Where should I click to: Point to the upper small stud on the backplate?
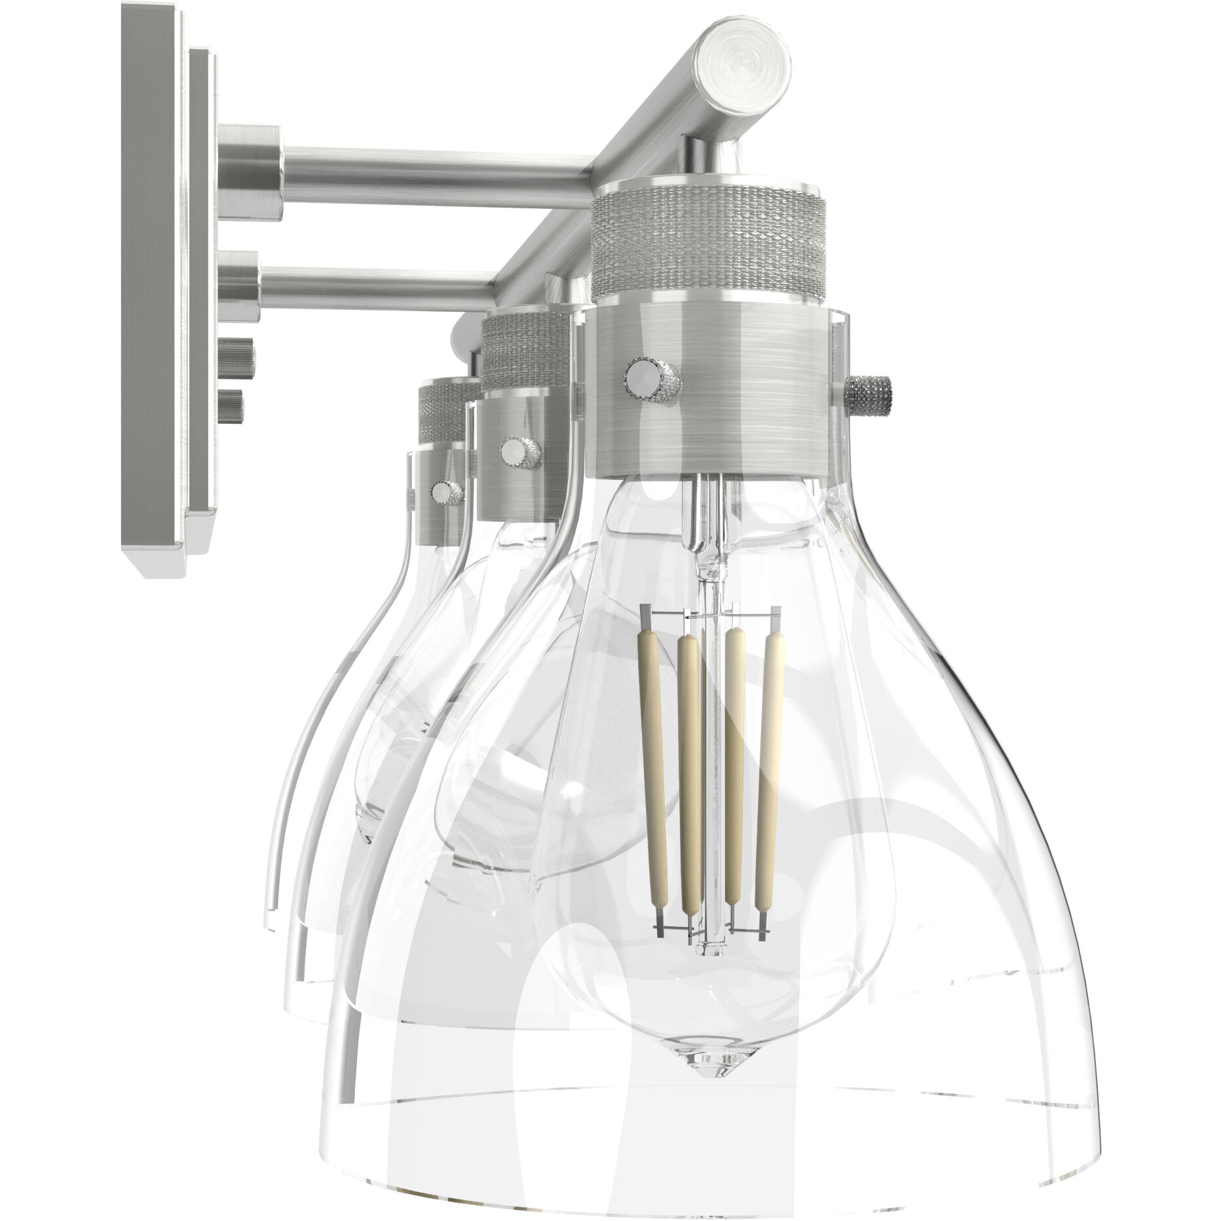[237, 355]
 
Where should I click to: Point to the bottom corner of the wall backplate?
[157, 570]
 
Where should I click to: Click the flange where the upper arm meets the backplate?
[249, 161]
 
